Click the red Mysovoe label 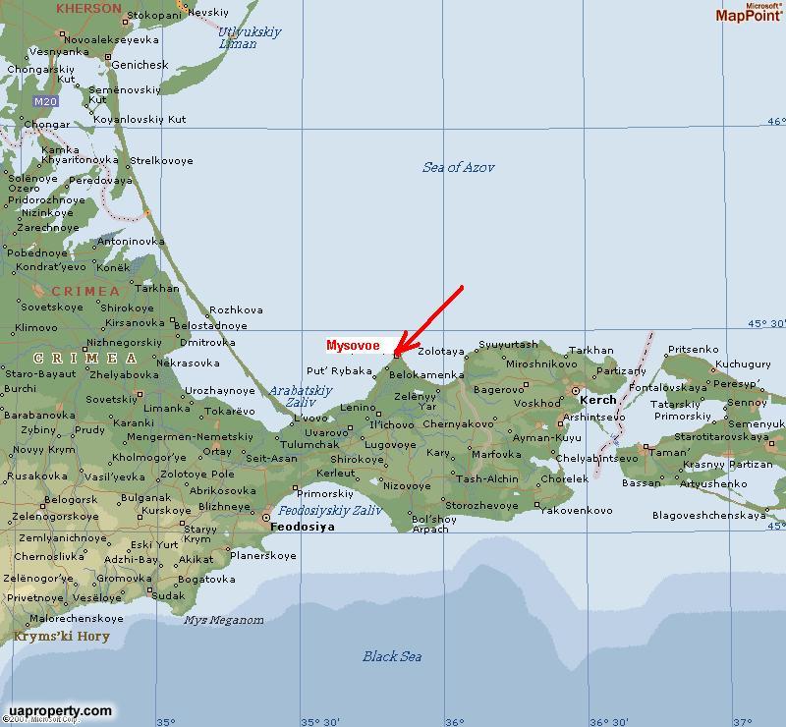[x=354, y=346]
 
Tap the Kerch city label [x=597, y=400]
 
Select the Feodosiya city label [x=303, y=527]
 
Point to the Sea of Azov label [x=459, y=168]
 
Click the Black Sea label [x=392, y=656]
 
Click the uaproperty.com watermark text [x=59, y=710]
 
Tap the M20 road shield [x=44, y=101]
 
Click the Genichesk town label [x=140, y=66]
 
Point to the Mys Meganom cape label [x=224, y=620]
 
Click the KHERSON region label [x=88, y=8]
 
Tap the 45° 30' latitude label [x=766, y=323]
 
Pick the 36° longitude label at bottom [x=454, y=721]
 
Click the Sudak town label [x=168, y=595]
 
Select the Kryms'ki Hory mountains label [x=62, y=636]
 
